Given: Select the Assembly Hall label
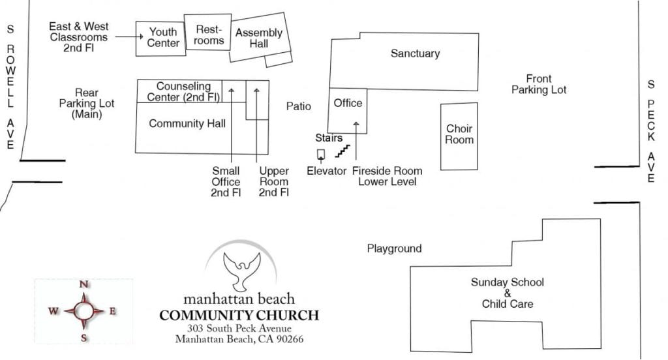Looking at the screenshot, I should [259, 38].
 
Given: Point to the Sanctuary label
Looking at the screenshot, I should [415, 53].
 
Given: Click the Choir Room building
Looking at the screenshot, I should [459, 134].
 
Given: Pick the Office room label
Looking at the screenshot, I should [348, 103].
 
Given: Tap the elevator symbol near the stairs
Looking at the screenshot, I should [321, 154].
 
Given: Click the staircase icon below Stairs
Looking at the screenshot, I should [342, 151].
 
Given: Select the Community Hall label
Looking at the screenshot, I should [187, 123].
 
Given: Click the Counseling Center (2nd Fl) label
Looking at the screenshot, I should [183, 92].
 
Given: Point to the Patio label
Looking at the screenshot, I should [298, 106].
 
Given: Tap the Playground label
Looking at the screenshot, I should [394, 248].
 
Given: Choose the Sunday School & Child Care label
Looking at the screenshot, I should [508, 293].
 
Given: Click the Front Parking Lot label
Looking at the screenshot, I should [539, 84].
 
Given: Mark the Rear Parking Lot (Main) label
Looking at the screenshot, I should [87, 104].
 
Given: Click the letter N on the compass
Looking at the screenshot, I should [83, 284].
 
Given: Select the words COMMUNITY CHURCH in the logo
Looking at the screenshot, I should [239, 316].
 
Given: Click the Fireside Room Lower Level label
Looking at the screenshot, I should [387, 176].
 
